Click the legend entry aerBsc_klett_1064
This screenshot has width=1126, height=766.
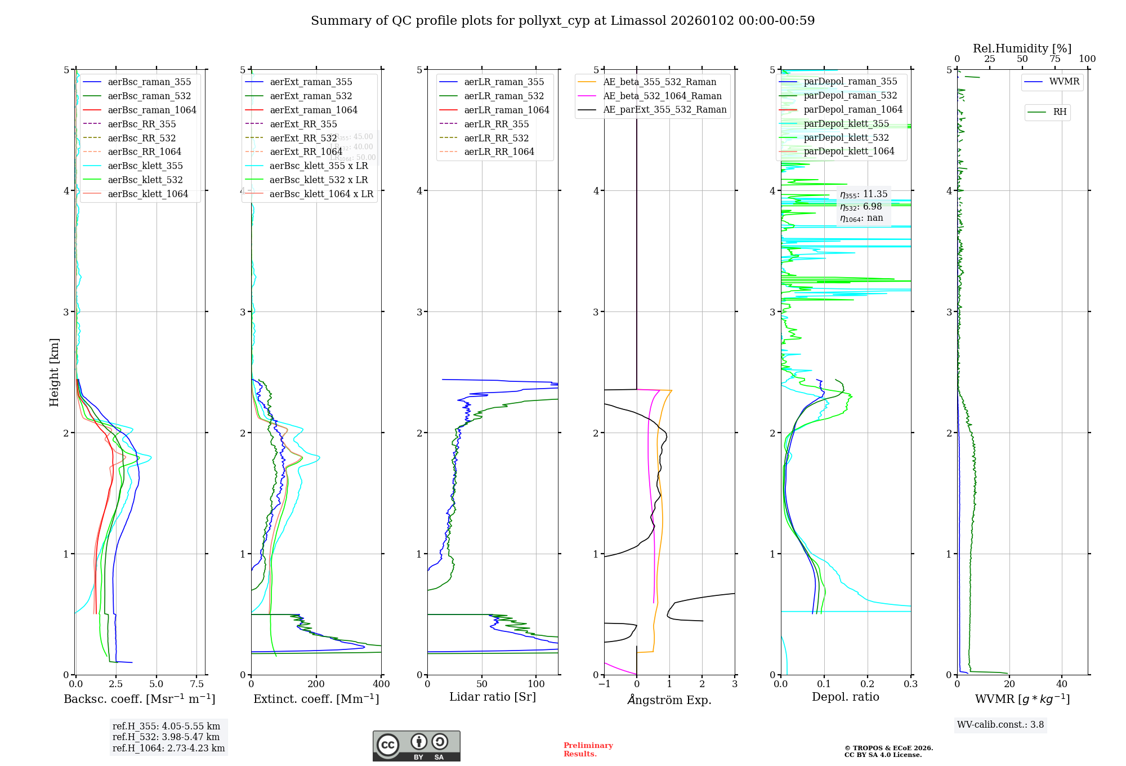click(148, 194)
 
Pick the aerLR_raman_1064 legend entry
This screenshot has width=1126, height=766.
click(506, 110)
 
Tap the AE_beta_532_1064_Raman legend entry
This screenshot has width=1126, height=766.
click(662, 96)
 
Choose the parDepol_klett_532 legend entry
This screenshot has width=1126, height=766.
click(846, 137)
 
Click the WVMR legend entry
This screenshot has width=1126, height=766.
click(1064, 82)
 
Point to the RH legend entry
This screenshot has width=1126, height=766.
click(1059, 112)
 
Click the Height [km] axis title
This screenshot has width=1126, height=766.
click(54, 372)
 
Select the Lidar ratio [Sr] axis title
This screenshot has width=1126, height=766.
click(493, 697)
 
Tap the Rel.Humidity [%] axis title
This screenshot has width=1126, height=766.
click(1022, 48)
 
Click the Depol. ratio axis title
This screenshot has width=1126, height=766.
click(845, 697)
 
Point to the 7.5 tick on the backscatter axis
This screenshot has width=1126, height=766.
click(196, 684)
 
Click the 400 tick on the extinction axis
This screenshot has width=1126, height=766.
click(381, 684)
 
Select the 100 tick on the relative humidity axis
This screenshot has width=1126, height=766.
click(1087, 59)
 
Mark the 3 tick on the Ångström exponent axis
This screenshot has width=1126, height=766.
click(734, 684)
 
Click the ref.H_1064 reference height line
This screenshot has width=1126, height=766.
click(168, 748)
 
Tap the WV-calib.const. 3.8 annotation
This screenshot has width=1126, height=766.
click(1000, 725)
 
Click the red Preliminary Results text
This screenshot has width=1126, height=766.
click(588, 750)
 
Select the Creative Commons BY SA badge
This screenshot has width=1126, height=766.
click(416, 746)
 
